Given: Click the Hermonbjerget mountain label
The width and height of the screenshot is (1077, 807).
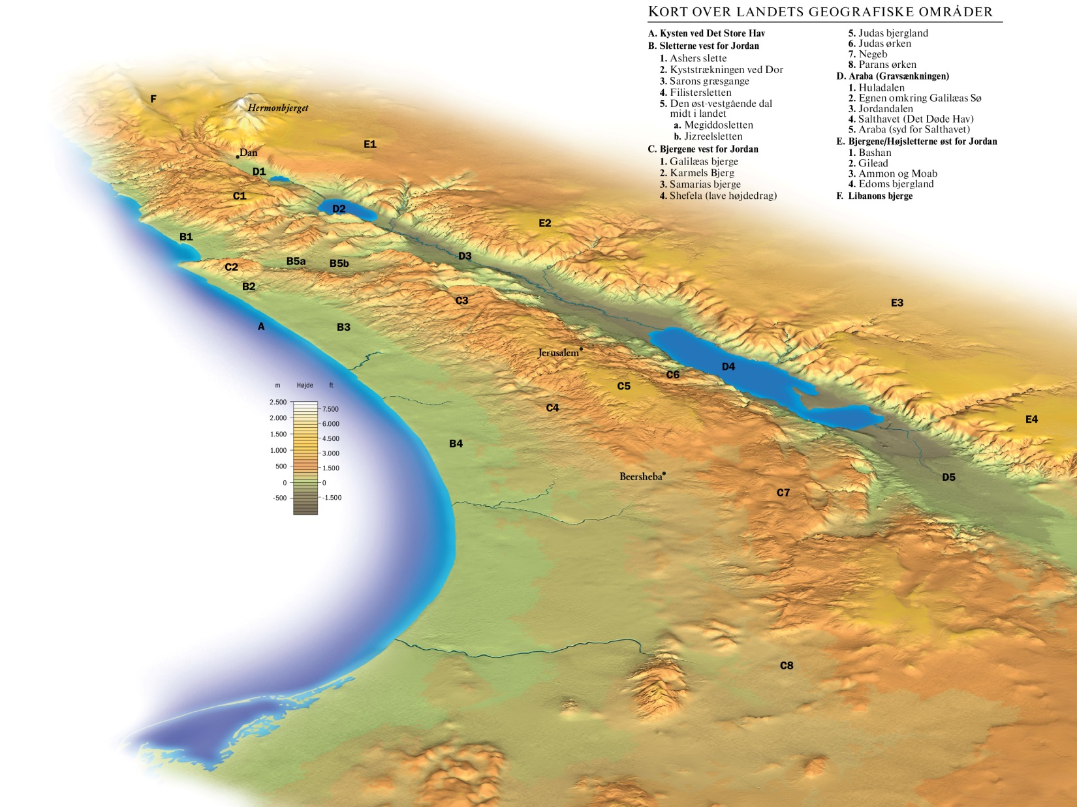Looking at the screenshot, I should pyautogui.click(x=277, y=108).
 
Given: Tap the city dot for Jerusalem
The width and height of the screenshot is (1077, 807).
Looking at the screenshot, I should pyautogui.click(x=581, y=349).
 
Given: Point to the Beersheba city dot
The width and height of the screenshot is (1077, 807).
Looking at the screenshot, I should pyautogui.click(x=664, y=473).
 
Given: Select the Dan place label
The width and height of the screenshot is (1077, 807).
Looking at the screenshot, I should pyautogui.click(x=249, y=153).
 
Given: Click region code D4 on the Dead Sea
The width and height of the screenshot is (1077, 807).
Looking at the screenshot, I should pyautogui.click(x=728, y=367).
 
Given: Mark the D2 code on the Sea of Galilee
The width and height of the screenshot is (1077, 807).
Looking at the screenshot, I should pyautogui.click(x=339, y=209).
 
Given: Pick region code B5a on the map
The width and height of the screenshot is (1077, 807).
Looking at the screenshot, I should pyautogui.click(x=296, y=261).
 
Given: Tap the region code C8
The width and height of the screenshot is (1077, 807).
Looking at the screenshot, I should pyautogui.click(x=787, y=665).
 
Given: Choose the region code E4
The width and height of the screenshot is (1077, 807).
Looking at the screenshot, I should pyautogui.click(x=1031, y=419).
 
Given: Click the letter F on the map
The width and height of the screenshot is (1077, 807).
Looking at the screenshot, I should pyautogui.click(x=153, y=99).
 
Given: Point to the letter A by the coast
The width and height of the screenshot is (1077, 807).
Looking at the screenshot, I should pyautogui.click(x=261, y=326).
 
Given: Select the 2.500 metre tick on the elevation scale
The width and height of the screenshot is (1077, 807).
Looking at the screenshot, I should pyautogui.click(x=278, y=402).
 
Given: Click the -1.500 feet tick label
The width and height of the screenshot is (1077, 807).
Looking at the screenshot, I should pyautogui.click(x=332, y=497).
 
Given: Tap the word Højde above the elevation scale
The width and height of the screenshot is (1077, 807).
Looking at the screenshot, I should pyautogui.click(x=305, y=386).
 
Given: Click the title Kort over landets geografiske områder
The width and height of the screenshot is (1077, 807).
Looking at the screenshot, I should pyautogui.click(x=820, y=12).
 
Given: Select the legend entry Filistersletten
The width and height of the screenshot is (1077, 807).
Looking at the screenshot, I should pyautogui.click(x=700, y=93).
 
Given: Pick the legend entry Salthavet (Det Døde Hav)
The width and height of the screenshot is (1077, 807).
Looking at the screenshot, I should pyautogui.click(x=916, y=119).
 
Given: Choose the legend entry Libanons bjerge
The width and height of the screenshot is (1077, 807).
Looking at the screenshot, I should pyautogui.click(x=880, y=196).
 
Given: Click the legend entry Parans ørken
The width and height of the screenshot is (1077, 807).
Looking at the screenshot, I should pyautogui.click(x=887, y=65).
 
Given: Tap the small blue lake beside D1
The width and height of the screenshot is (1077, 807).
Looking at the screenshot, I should pyautogui.click(x=279, y=178).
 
